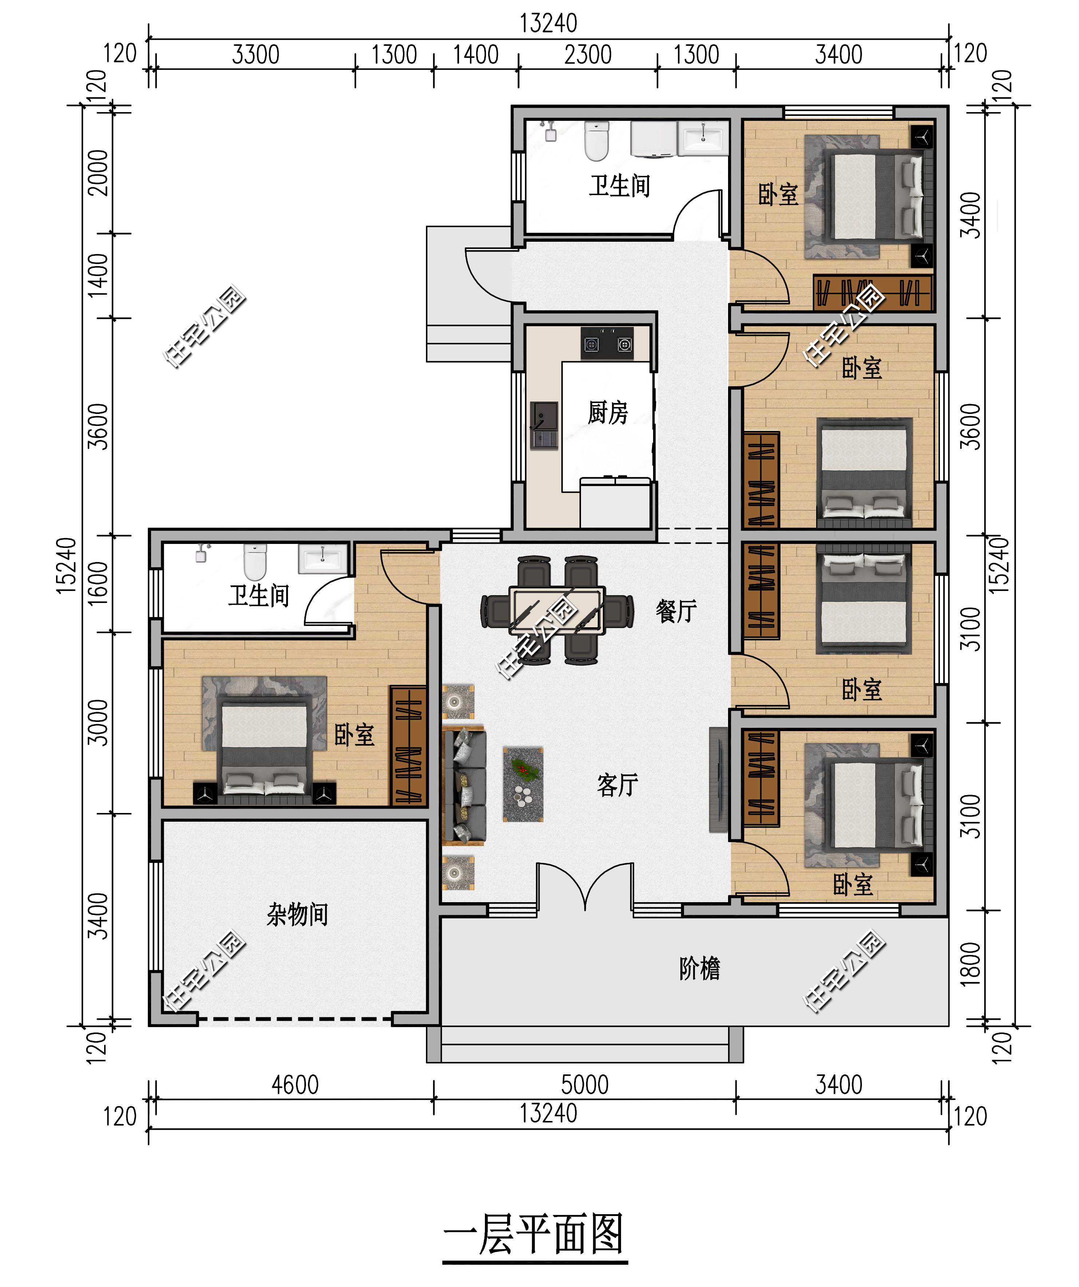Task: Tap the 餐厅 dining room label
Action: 676,611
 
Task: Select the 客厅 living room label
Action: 617,785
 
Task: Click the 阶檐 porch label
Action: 699,968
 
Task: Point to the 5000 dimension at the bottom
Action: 585,1085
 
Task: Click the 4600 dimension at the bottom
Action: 295,1085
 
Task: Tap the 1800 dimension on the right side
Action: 971,964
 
